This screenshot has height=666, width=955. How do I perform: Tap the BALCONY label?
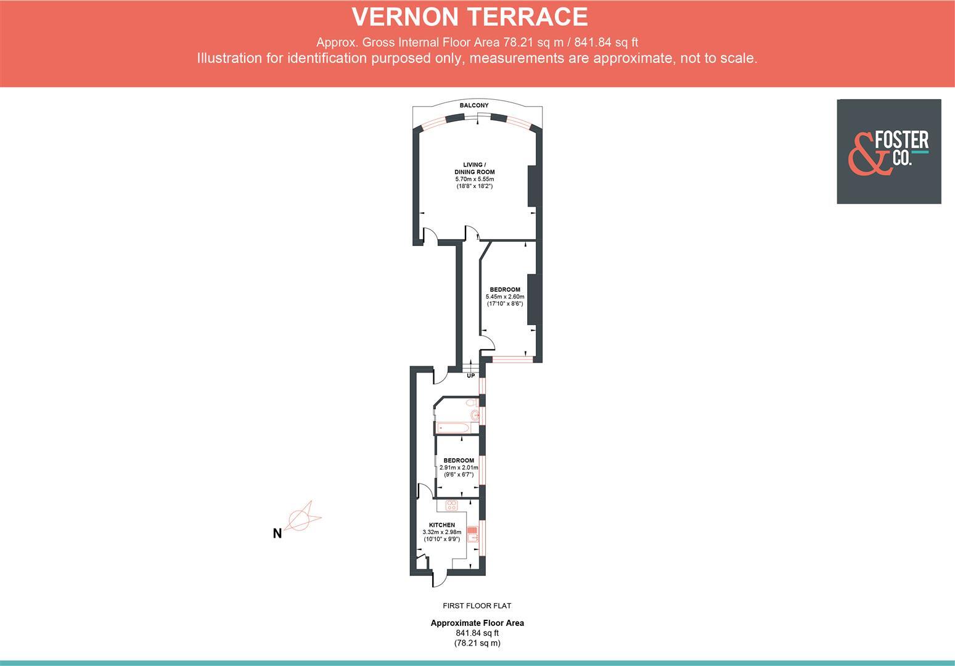(x=474, y=105)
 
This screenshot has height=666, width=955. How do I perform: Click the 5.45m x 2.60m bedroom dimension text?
(x=504, y=297)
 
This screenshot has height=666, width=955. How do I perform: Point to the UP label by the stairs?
(x=471, y=376)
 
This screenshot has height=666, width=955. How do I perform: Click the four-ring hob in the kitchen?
(x=452, y=506)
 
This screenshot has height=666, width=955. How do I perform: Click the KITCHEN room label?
(x=442, y=525)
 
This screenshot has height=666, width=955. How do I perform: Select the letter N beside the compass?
(x=277, y=533)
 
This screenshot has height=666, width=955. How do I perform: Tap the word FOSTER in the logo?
(x=901, y=141)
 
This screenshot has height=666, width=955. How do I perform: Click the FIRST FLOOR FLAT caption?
(x=477, y=606)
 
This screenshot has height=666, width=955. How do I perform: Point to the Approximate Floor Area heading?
(x=477, y=623)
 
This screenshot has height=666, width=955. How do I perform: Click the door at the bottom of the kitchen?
(x=440, y=578)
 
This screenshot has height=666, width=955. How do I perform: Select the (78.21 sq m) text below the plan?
(x=477, y=643)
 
